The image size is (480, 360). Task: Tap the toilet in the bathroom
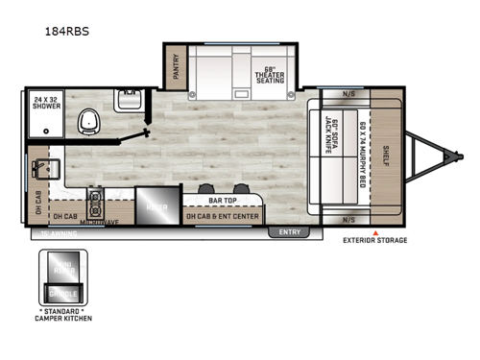pos(90,120)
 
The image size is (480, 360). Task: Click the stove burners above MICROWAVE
pos(97,204)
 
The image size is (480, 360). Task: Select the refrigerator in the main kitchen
pos(156,205)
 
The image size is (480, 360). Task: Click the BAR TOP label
pos(224,201)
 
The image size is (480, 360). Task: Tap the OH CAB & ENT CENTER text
pos(223,216)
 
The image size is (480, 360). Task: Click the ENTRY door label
pos(289,231)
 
